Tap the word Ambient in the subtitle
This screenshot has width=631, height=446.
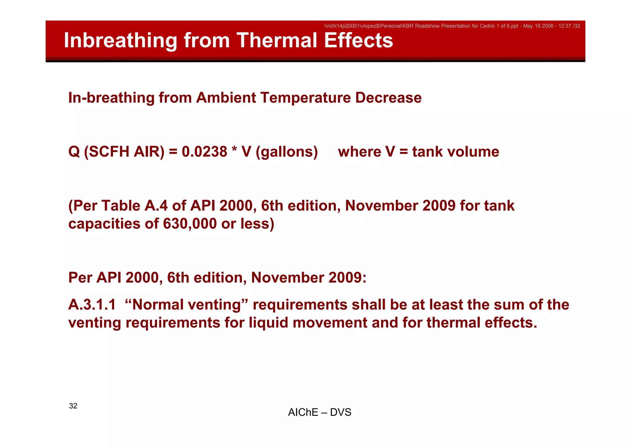pyautogui.click(x=226, y=98)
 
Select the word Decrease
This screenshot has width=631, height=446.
pyautogui.click(x=388, y=98)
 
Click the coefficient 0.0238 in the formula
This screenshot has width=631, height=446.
pyautogui.click(x=204, y=152)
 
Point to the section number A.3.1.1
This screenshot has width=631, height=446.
pyautogui.click(x=92, y=305)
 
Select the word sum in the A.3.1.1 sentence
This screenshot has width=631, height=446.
pyautogui.click(x=509, y=305)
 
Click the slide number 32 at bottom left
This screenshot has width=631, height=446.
pyautogui.click(x=73, y=406)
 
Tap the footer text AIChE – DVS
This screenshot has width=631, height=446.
pyautogui.click(x=320, y=412)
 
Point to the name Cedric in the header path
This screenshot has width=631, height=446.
pyautogui.click(x=487, y=26)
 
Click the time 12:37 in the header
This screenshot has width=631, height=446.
pyautogui.click(x=565, y=26)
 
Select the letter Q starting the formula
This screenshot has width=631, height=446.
pyautogui.click(x=74, y=152)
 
